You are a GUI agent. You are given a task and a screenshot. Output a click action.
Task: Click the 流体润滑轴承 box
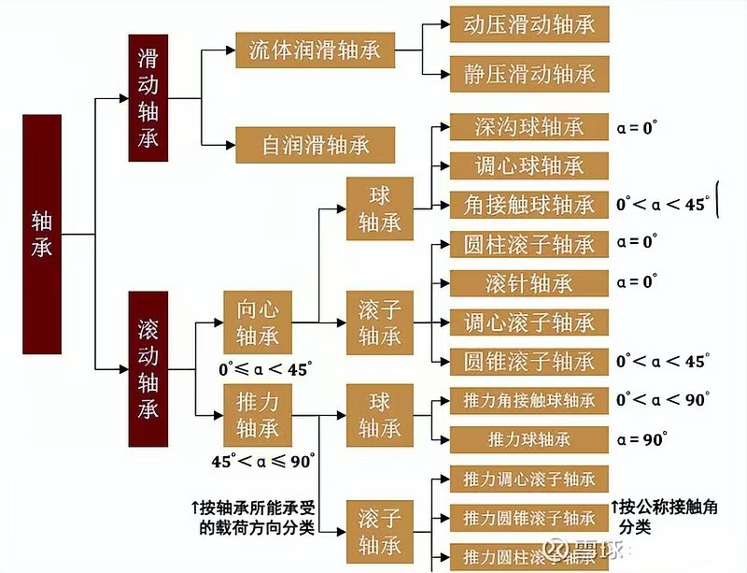pyautogui.click(x=316, y=50)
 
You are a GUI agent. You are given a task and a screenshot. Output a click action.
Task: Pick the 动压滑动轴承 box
pyautogui.click(x=529, y=24)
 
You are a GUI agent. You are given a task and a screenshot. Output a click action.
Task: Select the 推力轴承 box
pyautogui.click(x=258, y=415)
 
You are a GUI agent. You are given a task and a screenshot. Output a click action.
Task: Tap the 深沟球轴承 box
pyautogui.click(x=529, y=126)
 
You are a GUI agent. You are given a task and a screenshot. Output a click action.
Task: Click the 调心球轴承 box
pyautogui.click(x=529, y=165)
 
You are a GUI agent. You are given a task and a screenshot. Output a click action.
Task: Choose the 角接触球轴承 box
pyautogui.click(x=529, y=205)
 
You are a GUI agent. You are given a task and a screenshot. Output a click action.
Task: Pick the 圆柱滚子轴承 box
pyautogui.click(x=529, y=244)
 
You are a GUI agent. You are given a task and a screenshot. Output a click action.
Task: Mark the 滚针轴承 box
pyautogui.click(x=529, y=283)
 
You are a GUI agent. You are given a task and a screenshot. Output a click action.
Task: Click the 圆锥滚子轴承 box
pyautogui.click(x=529, y=361)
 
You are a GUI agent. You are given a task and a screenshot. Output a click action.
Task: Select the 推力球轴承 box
pyautogui.click(x=529, y=438)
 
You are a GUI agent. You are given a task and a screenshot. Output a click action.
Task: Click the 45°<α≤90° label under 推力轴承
pyautogui.click(x=264, y=460)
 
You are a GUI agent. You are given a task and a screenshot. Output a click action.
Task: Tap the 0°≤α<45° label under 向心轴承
pyautogui.click(x=262, y=368)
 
